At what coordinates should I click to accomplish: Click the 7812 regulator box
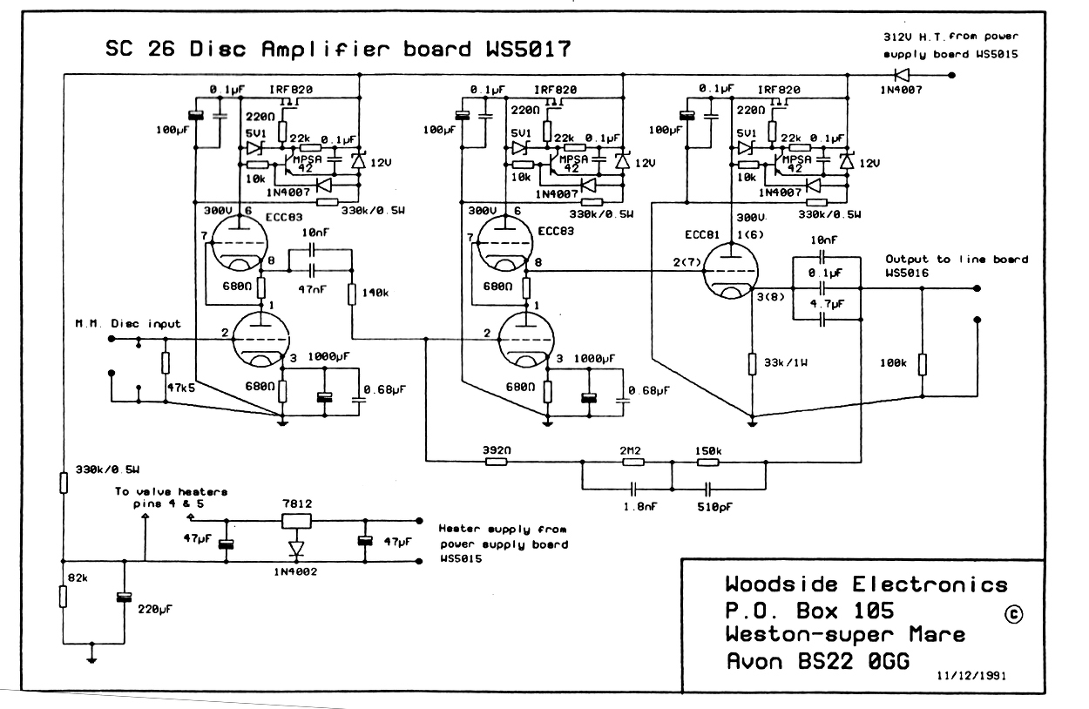(296, 521)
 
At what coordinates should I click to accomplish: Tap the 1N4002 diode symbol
(296, 549)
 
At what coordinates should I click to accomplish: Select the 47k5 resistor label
(181, 388)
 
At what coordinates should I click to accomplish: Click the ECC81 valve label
(701, 234)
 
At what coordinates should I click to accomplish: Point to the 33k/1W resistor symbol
(752, 364)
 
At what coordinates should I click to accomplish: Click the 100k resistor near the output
(923, 364)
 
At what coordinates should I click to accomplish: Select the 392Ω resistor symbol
(497, 461)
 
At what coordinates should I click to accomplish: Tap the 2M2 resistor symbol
(633, 462)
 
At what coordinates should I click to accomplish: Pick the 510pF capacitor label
(714, 507)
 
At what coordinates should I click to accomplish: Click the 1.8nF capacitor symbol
(633, 488)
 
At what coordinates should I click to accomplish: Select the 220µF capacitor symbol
(124, 598)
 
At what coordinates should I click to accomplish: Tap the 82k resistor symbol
(64, 597)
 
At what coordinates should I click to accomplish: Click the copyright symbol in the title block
(1013, 614)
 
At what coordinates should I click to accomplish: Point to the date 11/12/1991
(971, 676)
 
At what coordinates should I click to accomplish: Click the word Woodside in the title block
(781, 584)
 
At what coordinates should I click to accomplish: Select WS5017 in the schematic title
(529, 49)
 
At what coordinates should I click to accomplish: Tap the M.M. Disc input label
(128, 324)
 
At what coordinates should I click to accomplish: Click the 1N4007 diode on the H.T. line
(902, 75)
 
